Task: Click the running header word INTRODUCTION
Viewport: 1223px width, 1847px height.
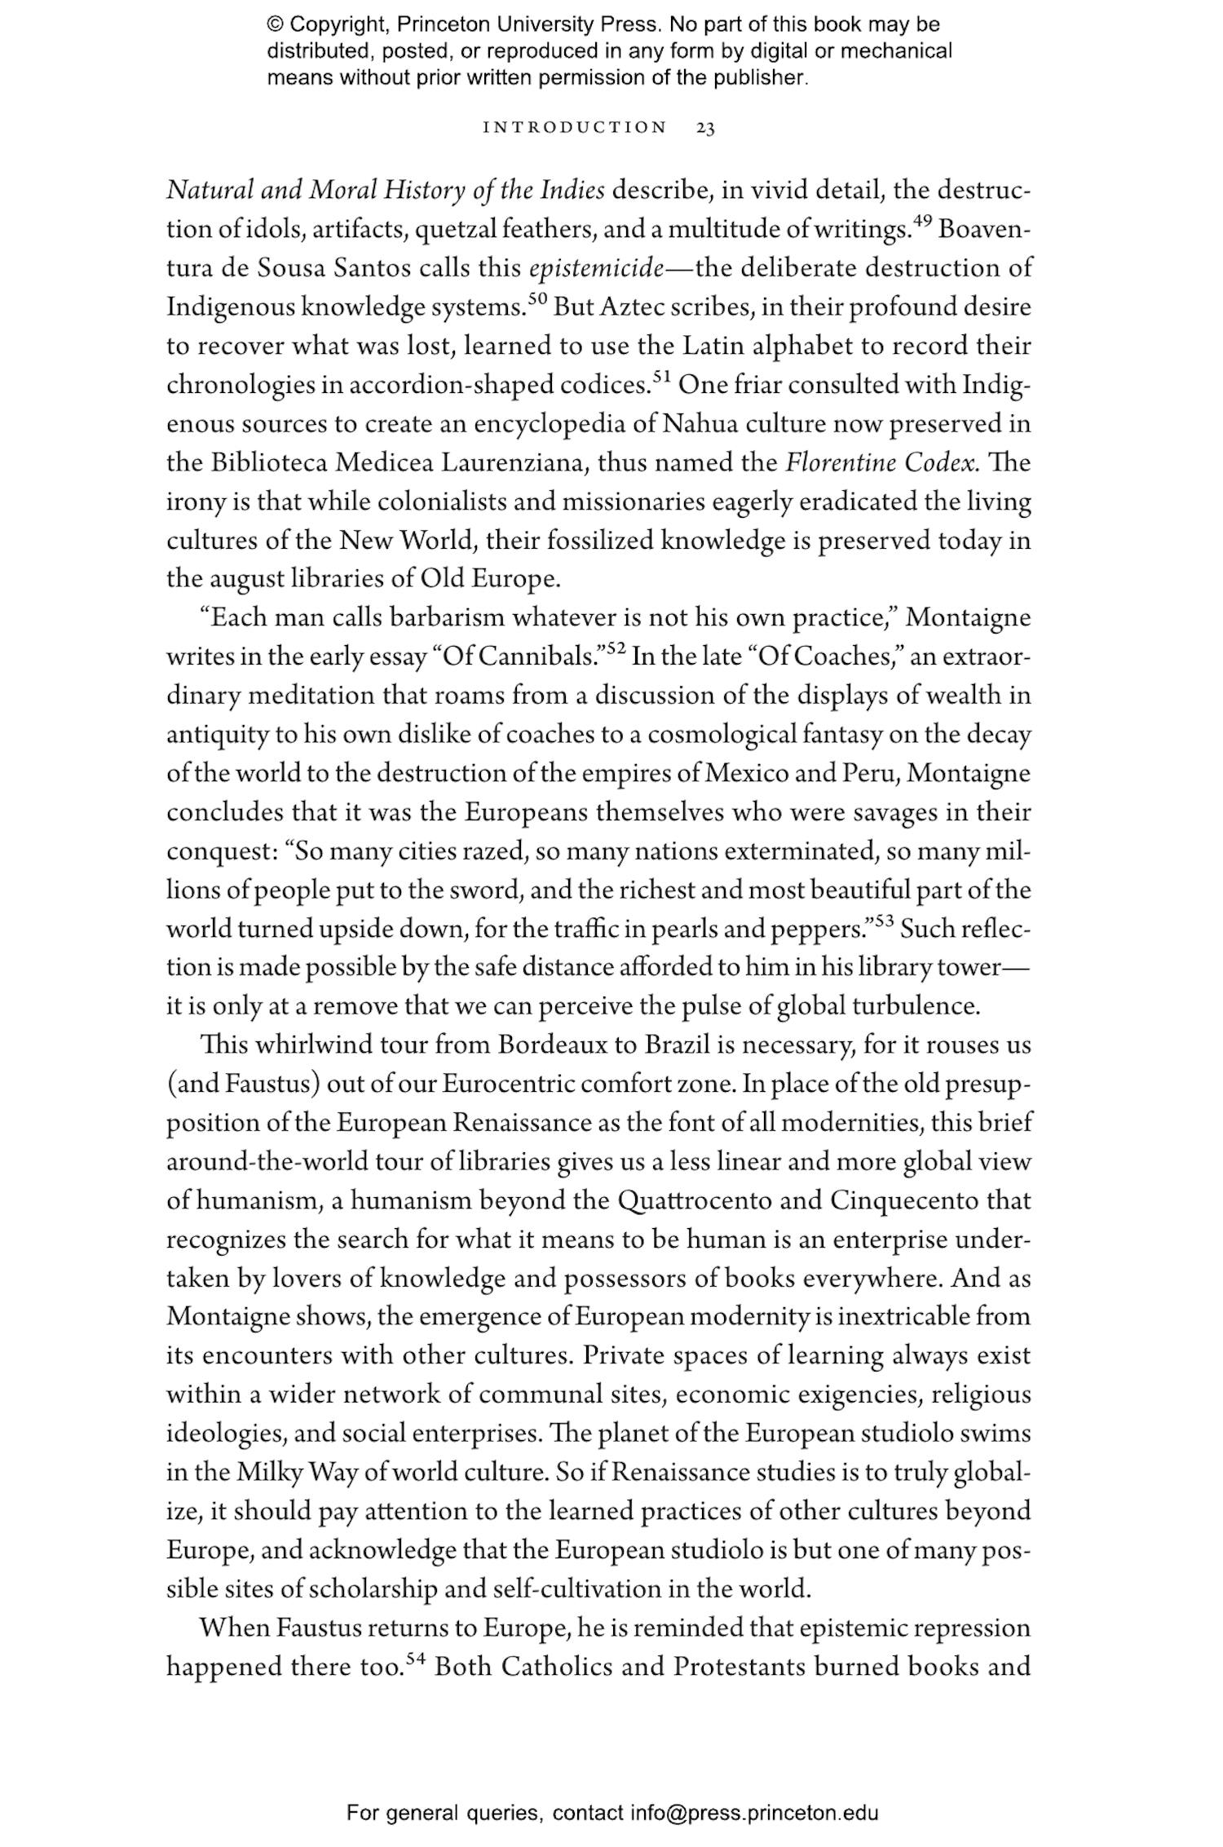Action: click(575, 127)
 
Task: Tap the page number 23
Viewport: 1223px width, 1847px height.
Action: click(706, 127)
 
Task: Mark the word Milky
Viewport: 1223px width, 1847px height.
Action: click(271, 1473)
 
